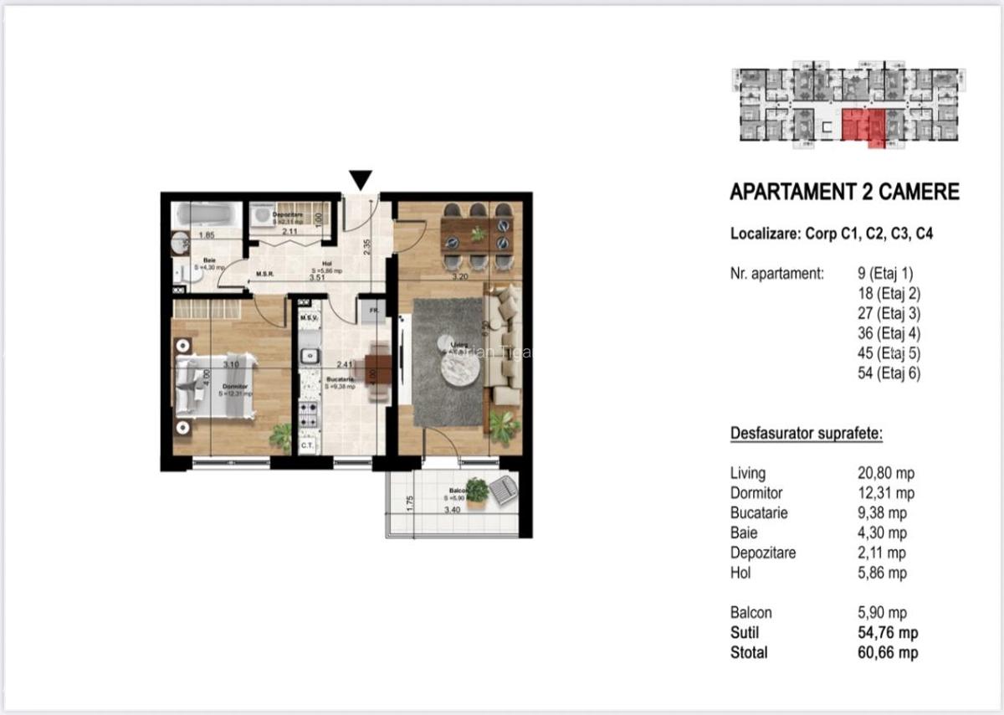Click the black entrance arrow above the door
tap(361, 179)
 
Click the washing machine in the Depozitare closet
tap(263, 216)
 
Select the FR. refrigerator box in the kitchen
tap(371, 311)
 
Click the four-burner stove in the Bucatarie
tap(307, 414)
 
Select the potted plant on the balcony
tap(477, 491)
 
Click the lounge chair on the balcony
tap(504, 490)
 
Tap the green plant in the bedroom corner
tap(282, 436)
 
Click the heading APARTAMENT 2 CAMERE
tap(844, 193)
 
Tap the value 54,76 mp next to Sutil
tap(882, 633)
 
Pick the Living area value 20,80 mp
tap(881, 473)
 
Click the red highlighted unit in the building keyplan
tap(861, 126)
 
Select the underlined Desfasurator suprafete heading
tap(807, 434)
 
